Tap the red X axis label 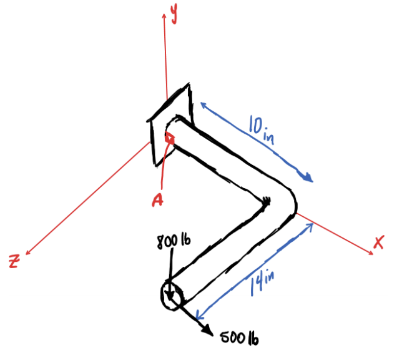click(378, 243)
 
